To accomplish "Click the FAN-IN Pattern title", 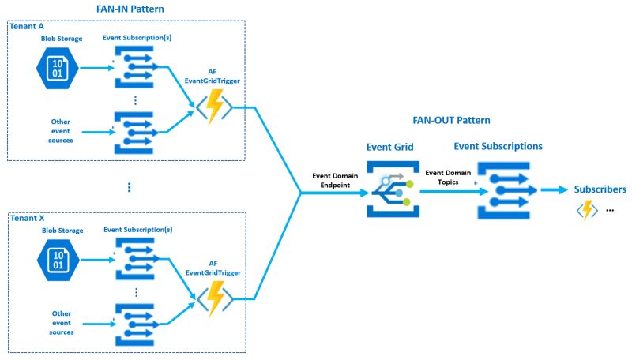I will point(129,9).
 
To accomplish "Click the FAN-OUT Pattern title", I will point(451,121).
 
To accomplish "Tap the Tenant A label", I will point(28,26).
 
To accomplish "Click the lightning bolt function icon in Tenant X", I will point(214,298).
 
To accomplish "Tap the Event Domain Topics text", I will point(447,177).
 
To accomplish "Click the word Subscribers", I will point(600,189).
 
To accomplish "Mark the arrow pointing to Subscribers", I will point(553,190).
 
